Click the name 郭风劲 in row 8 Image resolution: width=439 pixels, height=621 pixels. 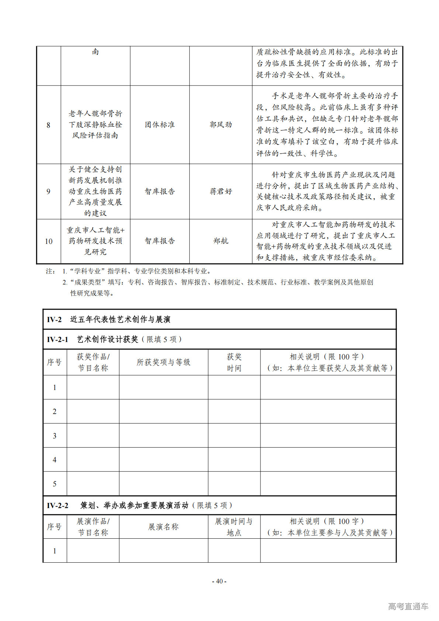click(x=221, y=125)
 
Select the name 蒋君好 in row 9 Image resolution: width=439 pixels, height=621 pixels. click(x=221, y=192)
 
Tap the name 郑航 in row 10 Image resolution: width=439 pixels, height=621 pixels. click(x=221, y=241)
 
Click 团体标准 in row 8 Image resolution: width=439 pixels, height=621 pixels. click(x=160, y=125)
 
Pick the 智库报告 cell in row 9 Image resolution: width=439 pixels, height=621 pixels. click(x=160, y=192)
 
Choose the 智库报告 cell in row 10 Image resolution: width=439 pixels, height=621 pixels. click(x=160, y=241)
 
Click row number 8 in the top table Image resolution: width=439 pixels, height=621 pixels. click(x=48, y=125)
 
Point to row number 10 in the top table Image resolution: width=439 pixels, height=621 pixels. click(x=48, y=241)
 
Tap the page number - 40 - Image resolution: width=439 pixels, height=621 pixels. click(x=219, y=581)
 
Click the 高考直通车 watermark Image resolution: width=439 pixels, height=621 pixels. click(x=408, y=606)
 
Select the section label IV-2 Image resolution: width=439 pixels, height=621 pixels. click(x=54, y=320)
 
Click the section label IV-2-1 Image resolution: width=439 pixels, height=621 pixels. click(x=58, y=339)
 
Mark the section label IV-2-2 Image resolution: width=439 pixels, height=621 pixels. click(x=58, y=506)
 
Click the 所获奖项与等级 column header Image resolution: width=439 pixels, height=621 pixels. click(x=163, y=362)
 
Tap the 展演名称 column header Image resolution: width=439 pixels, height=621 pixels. click(x=163, y=527)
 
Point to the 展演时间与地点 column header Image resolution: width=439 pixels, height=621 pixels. click(x=234, y=527)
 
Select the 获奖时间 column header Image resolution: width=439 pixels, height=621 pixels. click(x=234, y=362)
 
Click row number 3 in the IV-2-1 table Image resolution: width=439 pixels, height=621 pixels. click(x=55, y=436)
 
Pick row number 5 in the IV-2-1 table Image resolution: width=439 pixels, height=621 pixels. click(x=55, y=484)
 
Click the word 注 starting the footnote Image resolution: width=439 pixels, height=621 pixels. click(x=49, y=271)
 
